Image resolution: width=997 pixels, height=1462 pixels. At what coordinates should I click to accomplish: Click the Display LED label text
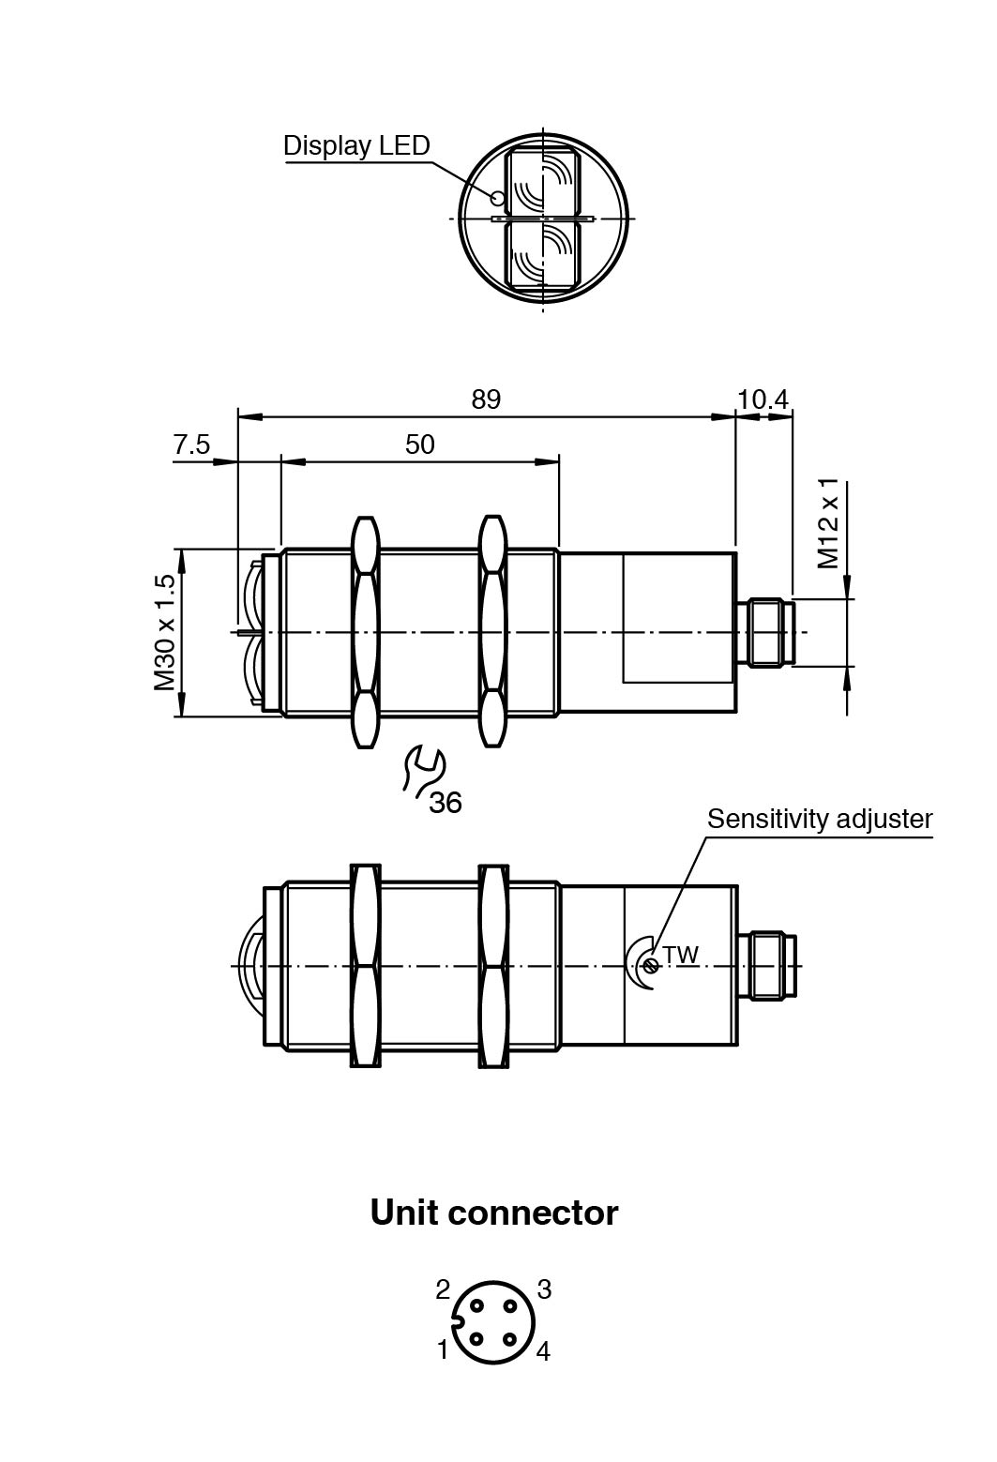point(356,145)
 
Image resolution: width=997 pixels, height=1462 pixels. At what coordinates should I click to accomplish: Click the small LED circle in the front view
point(497,197)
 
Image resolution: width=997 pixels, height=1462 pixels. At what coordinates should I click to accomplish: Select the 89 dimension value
point(486,399)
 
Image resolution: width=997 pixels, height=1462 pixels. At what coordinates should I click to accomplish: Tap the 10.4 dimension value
point(762,399)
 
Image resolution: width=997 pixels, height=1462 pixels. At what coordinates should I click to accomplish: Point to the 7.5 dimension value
point(191,445)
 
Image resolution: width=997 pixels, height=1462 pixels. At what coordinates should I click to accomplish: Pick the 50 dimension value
point(419,445)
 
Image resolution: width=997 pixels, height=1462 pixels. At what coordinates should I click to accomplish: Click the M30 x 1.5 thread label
point(165,632)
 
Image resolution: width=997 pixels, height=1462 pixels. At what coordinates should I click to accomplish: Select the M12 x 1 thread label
point(828,524)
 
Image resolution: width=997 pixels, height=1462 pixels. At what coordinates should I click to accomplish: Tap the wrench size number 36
point(446,802)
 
